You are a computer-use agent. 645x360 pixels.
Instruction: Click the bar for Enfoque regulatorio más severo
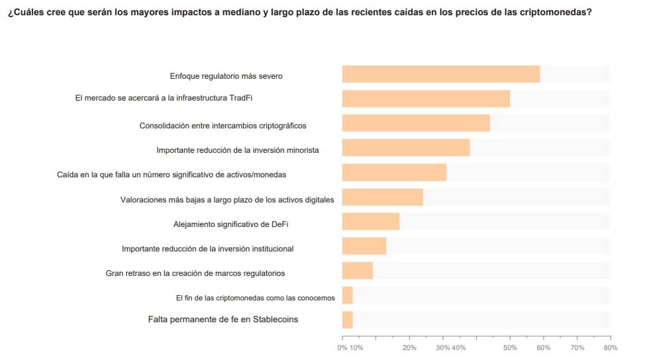440,74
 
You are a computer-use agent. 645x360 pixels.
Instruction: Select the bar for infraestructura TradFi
425,99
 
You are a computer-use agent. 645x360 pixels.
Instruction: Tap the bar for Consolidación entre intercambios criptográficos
415,123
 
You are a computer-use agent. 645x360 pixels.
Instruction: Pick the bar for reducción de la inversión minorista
405,148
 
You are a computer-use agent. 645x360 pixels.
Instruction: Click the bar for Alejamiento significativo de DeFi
370,222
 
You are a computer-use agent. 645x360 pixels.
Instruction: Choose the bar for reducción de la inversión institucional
364,246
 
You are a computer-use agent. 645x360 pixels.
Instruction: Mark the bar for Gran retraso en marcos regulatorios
357,271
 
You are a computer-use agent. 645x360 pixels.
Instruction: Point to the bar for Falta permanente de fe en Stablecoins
347,320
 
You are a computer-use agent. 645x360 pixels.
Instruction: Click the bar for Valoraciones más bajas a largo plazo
382,197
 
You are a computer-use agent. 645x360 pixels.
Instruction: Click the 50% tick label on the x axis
510,347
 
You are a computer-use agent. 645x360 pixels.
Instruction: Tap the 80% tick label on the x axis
611,347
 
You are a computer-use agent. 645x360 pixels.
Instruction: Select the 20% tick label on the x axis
409,347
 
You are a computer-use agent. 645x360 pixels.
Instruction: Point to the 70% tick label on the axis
577,347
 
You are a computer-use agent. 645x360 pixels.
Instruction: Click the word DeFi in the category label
279,224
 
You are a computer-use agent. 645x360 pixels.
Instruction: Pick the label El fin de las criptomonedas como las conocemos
255,298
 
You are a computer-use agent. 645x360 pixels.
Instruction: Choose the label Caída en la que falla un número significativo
172,175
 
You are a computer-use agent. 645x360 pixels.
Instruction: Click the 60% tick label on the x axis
543,347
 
